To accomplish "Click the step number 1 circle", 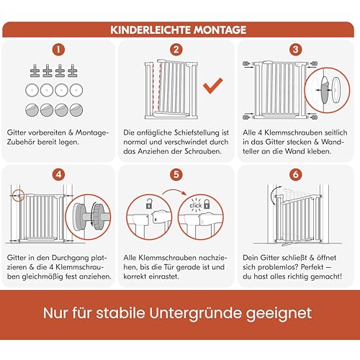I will [x=60, y=51].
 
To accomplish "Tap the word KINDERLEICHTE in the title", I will [x=150, y=30].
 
